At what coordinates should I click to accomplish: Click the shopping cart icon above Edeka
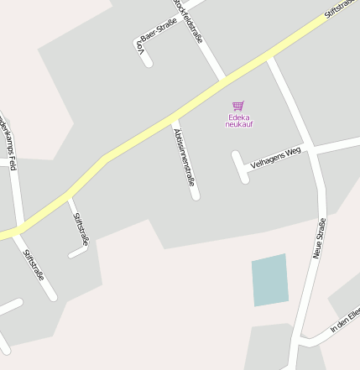tap(238, 106)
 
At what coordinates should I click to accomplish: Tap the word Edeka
tap(239, 117)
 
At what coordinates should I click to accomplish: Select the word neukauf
tap(239, 125)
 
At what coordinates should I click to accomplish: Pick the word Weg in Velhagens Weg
tap(293, 152)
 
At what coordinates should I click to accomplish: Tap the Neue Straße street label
tap(320, 237)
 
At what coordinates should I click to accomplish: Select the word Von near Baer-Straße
tap(141, 50)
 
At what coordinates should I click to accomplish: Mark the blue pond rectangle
tap(269, 280)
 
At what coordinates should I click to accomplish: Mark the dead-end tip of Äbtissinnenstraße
tap(196, 196)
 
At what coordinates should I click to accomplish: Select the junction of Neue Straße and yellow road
tap(271, 58)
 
